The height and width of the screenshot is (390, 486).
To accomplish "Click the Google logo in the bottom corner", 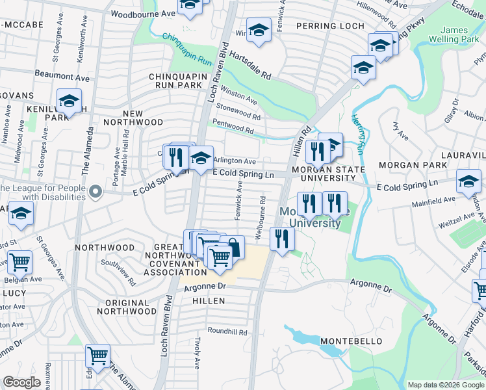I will click(x=22, y=382).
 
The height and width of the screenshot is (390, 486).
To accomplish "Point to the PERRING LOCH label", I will click(x=323, y=26).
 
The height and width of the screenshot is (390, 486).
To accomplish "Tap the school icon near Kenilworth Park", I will click(x=69, y=101).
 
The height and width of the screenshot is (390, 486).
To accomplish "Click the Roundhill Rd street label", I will click(x=227, y=331).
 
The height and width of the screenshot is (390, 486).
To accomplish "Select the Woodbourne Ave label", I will click(x=143, y=13).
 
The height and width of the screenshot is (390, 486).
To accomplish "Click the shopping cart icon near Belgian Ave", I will click(x=20, y=262).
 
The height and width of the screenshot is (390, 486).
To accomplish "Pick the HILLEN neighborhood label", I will click(x=209, y=301).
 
